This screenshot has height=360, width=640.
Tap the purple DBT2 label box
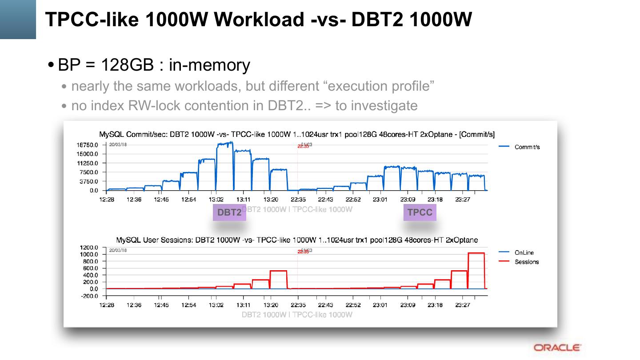(229, 212)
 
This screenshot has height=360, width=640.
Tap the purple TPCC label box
(420, 212)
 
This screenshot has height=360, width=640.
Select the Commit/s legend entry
(527, 147)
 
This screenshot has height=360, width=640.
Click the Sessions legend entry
(527, 262)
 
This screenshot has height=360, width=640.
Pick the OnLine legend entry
(524, 252)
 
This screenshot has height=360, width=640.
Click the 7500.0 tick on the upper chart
(89, 172)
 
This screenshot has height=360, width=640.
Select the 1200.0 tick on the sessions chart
(88, 248)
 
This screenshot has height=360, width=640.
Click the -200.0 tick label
(89, 296)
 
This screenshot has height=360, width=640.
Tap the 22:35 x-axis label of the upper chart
(298, 200)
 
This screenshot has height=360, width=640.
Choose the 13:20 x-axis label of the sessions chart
(271, 305)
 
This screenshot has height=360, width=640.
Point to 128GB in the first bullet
(127, 65)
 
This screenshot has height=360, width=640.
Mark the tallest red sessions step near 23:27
(476, 253)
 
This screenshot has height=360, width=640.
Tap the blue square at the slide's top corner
(18, 19)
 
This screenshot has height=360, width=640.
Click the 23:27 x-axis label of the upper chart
(463, 200)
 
